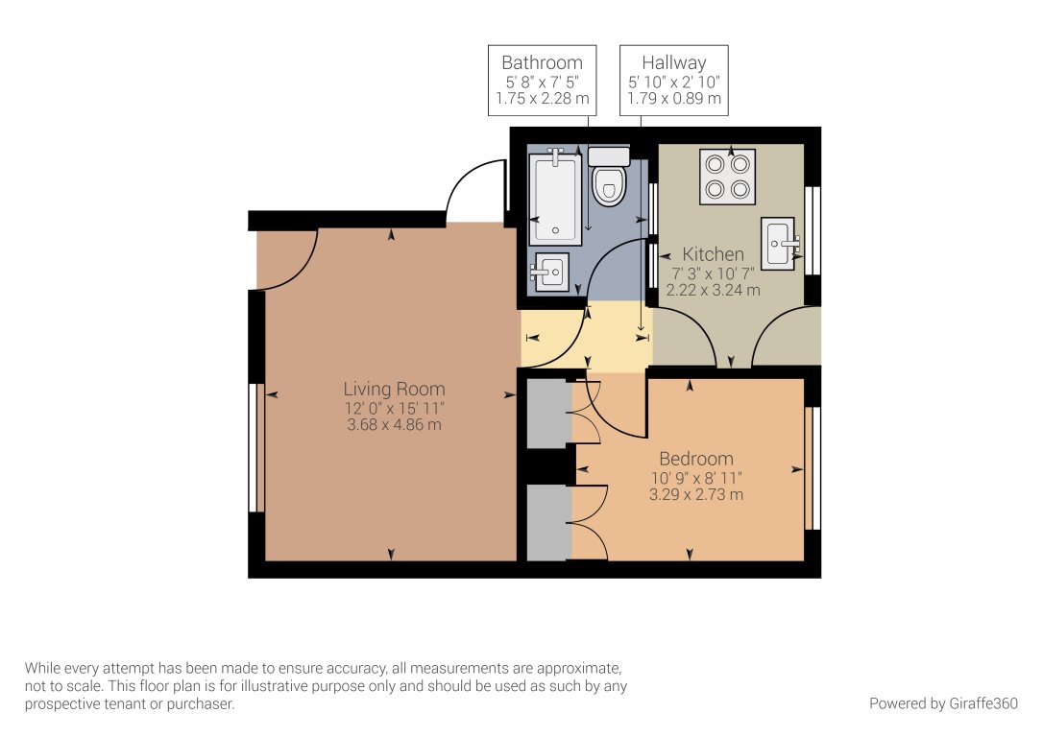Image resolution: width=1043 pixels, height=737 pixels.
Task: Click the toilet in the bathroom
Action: (x=609, y=180)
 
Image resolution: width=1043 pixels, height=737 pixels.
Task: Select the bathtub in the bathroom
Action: (x=555, y=200)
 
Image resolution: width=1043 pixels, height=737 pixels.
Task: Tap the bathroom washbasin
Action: (x=549, y=271)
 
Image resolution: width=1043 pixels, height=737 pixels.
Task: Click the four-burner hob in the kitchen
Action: (x=727, y=177)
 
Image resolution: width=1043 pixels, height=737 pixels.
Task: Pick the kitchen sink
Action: (x=780, y=244)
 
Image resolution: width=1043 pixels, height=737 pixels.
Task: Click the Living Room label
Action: (x=394, y=389)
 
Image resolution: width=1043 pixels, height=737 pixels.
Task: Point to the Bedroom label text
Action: (x=696, y=459)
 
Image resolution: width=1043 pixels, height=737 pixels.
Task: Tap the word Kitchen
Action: (x=713, y=254)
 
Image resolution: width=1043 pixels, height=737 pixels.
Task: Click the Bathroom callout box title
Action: (x=542, y=63)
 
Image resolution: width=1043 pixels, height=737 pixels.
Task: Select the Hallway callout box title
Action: (x=674, y=63)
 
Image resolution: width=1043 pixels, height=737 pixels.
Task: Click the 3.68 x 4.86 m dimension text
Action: (x=394, y=424)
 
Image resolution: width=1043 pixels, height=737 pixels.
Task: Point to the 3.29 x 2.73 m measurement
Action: (x=696, y=495)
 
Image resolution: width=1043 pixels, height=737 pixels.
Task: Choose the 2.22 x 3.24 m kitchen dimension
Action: (x=713, y=290)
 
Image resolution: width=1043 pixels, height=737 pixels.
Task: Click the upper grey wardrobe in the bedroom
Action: (x=548, y=414)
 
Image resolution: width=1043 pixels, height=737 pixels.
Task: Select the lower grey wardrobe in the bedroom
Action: (x=548, y=523)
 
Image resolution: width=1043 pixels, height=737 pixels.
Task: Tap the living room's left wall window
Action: (x=255, y=447)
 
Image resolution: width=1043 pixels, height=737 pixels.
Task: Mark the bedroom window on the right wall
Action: (x=813, y=468)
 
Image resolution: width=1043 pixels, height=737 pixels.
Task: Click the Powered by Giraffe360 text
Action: (x=943, y=703)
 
